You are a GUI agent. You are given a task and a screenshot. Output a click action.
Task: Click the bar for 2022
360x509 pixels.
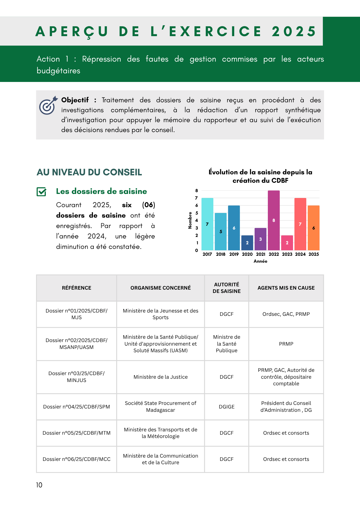tap(274, 220)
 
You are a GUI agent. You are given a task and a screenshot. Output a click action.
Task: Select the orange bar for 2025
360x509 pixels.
tap(313, 228)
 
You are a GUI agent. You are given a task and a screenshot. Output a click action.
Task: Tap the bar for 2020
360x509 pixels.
tap(247, 243)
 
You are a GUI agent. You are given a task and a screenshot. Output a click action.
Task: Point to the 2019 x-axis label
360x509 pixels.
tap(234, 254)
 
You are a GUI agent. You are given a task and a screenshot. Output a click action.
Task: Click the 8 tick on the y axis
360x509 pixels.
tap(197, 191)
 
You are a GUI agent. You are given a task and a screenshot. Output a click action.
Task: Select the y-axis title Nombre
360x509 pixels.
tap(190, 220)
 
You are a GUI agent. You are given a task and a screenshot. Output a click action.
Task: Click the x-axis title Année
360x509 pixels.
tap(260, 261)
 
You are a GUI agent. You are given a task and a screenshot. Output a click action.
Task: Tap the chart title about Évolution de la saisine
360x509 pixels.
tap(260, 176)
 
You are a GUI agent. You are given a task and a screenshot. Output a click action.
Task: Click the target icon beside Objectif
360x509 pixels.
tap(48, 105)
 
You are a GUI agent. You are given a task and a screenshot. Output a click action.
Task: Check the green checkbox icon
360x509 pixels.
tap(41, 192)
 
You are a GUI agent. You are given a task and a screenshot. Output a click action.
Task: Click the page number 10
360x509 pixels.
tap(39, 485)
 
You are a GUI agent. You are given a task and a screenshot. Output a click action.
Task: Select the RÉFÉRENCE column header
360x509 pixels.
tap(76, 288)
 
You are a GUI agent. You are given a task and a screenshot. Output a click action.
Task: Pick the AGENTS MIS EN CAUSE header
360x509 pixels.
tap(286, 288)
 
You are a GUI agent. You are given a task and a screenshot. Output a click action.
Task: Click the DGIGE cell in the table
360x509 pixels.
tap(227, 407)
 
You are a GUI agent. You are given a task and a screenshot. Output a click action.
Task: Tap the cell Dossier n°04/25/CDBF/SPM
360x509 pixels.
tap(76, 407)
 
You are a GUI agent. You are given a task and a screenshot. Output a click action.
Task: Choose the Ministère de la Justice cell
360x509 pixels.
tap(160, 377)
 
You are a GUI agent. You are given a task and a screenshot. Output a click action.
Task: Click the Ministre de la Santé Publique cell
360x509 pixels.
tap(227, 344)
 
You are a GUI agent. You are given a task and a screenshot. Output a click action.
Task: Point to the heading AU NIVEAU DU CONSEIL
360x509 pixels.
tap(89, 172)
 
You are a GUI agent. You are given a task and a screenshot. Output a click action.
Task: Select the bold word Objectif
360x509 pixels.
tap(75, 100)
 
